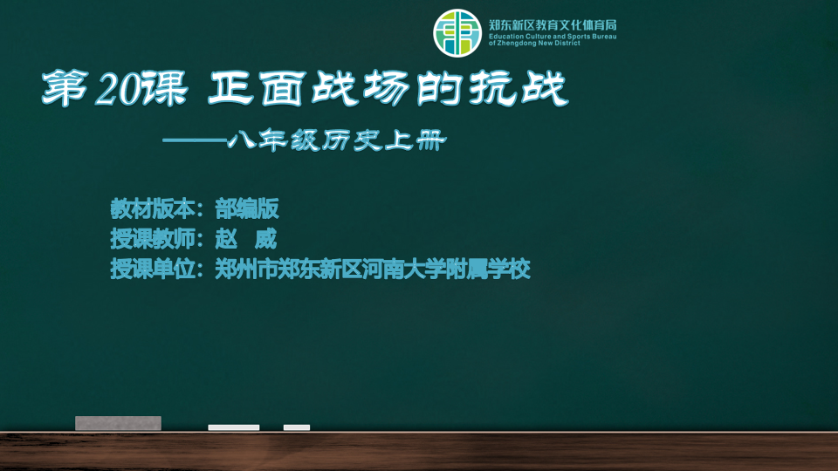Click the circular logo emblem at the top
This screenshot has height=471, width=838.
point(457,33)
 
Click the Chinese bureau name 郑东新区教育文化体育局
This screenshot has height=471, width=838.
point(553,25)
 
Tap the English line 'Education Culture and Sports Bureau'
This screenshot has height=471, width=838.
point(553,37)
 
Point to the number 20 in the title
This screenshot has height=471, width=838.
point(119,89)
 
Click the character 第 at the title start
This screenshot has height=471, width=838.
point(65,88)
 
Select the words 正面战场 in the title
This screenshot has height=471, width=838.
point(309,88)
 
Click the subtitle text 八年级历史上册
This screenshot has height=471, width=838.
point(337,141)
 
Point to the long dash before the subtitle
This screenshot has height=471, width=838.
point(195,141)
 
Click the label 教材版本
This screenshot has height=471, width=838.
point(153,208)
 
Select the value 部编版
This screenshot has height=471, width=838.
point(247,208)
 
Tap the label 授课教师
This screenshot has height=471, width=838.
point(153,239)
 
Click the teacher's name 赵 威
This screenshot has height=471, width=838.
point(246,239)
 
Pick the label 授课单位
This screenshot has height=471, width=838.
point(153,269)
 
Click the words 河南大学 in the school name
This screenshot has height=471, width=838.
point(404,269)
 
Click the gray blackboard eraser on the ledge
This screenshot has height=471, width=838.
point(118,423)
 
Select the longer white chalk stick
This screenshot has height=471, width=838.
point(234,427)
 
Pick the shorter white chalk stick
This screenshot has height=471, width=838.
point(297,427)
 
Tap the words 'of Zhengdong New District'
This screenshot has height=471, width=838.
point(534,44)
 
